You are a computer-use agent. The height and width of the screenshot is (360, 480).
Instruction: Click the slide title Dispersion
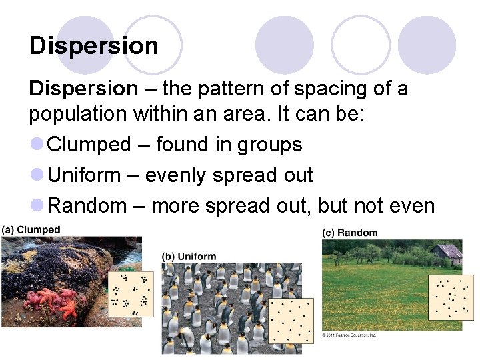tap(94, 46)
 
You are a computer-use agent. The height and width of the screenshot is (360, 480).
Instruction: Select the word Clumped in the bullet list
tap(90, 145)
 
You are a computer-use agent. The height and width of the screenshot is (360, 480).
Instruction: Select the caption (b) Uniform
tap(189, 256)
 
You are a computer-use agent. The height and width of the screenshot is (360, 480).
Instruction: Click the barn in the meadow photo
tap(446, 254)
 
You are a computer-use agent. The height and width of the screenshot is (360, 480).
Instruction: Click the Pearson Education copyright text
tap(349, 335)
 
